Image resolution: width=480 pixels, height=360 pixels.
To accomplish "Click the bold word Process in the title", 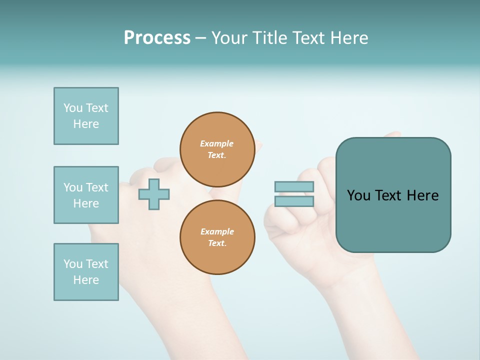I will [x=157, y=38].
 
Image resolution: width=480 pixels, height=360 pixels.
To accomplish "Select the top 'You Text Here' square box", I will [x=86, y=116].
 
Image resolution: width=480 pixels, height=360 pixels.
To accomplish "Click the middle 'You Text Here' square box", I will [x=86, y=195].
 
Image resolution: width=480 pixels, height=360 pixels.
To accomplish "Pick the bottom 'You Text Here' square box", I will [x=86, y=272].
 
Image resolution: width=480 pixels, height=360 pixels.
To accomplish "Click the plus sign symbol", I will [x=154, y=194].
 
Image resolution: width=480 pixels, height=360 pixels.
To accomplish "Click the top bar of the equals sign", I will [x=294, y=186].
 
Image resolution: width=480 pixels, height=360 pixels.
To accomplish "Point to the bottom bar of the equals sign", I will [x=294, y=201].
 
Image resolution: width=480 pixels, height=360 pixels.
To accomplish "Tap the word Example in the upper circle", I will [x=216, y=143].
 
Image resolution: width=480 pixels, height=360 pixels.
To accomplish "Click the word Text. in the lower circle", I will [x=217, y=243].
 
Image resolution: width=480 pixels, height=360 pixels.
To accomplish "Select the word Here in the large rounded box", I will [x=422, y=195].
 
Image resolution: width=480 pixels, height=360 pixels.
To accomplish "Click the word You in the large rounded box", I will [x=358, y=195].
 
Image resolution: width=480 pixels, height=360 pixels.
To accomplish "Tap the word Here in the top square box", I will [x=86, y=124].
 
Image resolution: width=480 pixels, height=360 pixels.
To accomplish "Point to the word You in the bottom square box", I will [x=73, y=264].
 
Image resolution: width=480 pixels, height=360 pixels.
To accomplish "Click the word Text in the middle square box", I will [x=97, y=187].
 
